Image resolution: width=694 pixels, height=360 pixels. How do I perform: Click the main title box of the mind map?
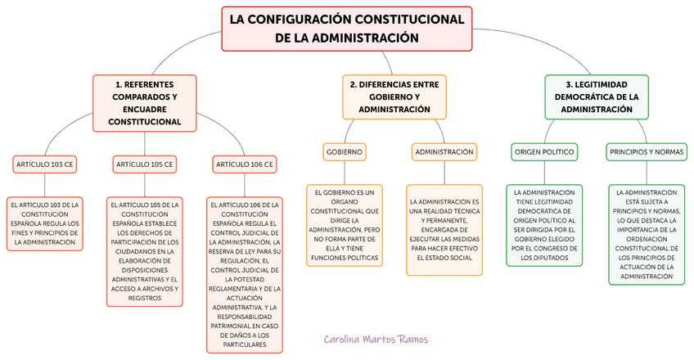click(347, 29)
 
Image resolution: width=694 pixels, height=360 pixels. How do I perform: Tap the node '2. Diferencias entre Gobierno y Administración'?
click(394, 97)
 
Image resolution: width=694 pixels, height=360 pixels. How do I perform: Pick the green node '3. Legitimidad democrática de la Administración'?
click(597, 97)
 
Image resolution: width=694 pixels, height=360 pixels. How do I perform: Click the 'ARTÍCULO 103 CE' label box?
click(45, 164)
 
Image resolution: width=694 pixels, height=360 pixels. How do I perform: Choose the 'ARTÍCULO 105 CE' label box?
click(145, 164)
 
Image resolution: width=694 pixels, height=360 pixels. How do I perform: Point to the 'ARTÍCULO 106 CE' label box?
click(245, 164)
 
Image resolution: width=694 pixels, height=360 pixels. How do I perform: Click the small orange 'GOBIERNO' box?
click(345, 152)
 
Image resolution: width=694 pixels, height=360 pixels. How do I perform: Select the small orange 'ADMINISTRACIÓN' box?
click(444, 152)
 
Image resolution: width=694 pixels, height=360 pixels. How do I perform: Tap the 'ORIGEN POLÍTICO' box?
click(544, 152)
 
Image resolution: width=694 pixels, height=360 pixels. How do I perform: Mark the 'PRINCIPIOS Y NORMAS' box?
click(645, 152)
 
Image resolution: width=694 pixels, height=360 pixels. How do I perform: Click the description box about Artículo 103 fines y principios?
click(45, 223)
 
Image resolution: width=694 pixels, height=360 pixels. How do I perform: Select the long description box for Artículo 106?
click(245, 275)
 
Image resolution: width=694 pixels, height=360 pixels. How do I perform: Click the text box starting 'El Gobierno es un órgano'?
click(345, 225)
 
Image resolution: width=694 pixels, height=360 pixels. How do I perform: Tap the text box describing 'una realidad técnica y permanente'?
click(444, 229)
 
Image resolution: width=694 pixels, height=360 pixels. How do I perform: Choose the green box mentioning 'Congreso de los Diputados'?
click(544, 225)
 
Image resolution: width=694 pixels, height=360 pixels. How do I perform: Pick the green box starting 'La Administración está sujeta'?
click(645, 234)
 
